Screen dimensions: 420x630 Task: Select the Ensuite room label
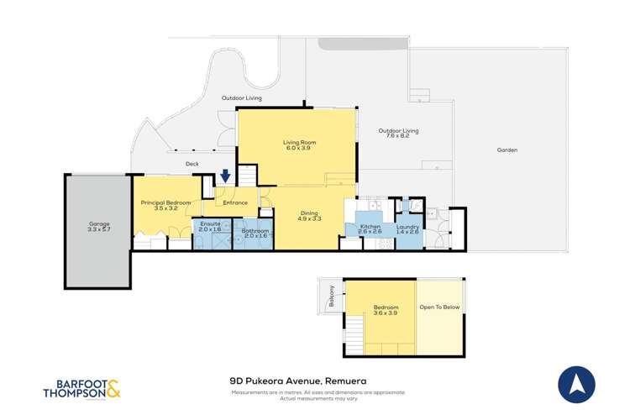coord(210,226)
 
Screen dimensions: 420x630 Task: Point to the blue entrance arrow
coord(225,177)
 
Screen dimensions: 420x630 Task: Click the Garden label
coord(507,150)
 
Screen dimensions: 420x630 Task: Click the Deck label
coord(192,164)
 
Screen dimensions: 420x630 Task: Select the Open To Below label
coord(440,307)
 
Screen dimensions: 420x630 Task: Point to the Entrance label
coord(235,202)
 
